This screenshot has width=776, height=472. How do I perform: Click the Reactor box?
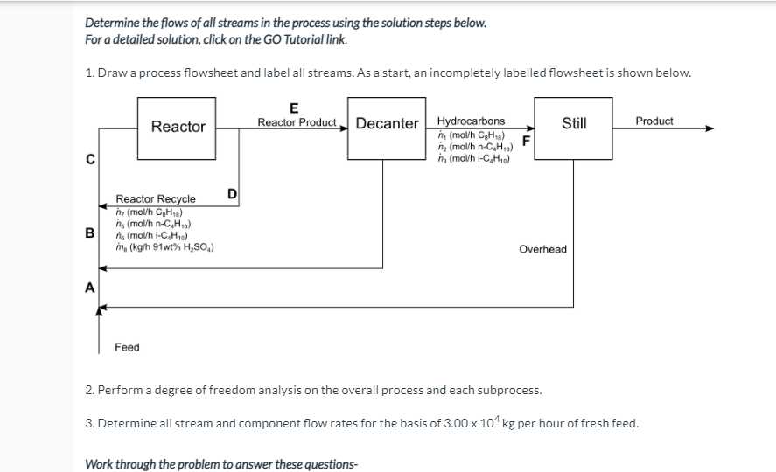coord(178,127)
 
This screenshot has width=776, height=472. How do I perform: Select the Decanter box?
coord(387,123)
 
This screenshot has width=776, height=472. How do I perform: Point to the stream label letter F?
coord(527,140)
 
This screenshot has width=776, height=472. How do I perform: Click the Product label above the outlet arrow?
coord(654,121)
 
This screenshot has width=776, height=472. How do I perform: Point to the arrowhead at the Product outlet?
coord(710,128)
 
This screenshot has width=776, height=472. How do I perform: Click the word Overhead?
coord(542,249)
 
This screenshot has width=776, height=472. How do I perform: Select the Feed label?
coord(127,347)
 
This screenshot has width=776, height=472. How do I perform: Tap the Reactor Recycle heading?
coord(156,199)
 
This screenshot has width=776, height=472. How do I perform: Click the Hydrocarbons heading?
coord(471,121)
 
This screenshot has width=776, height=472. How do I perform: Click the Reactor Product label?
coord(297,122)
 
